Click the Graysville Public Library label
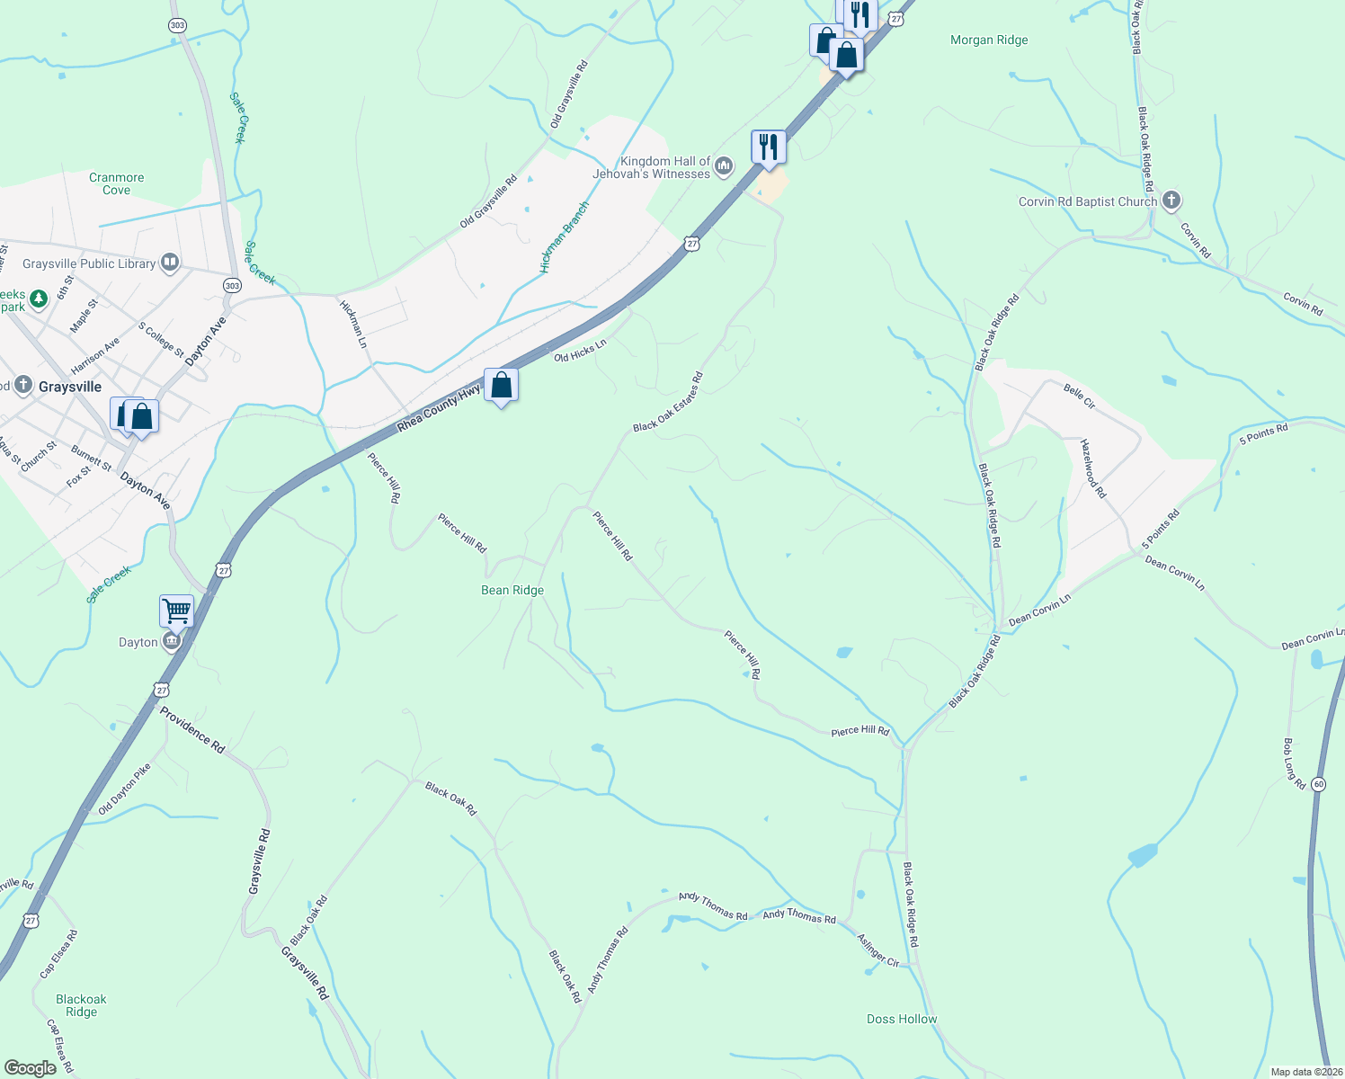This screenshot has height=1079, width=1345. (x=89, y=263)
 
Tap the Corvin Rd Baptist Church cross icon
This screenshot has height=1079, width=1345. (x=1171, y=201)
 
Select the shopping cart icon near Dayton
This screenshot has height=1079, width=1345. (x=177, y=611)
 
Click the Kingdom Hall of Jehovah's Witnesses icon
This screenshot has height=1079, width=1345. (x=724, y=166)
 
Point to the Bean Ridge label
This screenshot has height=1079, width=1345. (x=512, y=590)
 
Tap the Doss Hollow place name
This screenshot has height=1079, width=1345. (x=902, y=1019)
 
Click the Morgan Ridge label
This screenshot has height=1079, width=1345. (x=989, y=40)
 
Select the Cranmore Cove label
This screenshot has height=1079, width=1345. (x=116, y=183)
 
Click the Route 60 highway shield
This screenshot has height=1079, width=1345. (x=1318, y=784)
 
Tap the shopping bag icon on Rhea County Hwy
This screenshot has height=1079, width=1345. (x=502, y=386)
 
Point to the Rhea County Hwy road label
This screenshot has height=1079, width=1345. (x=439, y=409)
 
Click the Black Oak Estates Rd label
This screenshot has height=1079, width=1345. (x=667, y=402)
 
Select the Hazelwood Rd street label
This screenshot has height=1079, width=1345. (x=1092, y=468)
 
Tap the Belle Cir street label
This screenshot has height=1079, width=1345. (x=1079, y=397)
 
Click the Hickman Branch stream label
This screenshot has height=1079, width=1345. (x=564, y=237)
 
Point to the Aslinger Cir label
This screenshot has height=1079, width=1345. (x=877, y=950)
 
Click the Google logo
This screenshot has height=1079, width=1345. (x=30, y=1068)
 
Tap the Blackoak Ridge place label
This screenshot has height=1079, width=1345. (x=81, y=1005)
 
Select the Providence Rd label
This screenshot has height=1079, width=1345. (x=192, y=729)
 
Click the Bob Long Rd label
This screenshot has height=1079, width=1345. (x=1294, y=763)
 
